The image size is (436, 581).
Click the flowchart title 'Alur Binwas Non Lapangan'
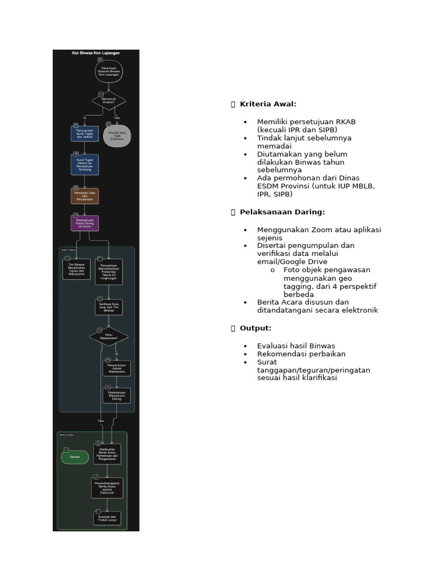(x=95, y=53)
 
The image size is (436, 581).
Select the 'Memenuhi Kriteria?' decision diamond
(x=108, y=100)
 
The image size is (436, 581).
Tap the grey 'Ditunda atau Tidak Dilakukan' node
(x=117, y=136)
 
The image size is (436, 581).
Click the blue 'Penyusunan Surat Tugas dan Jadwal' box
(x=84, y=134)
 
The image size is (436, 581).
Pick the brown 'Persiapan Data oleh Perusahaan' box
(x=85, y=196)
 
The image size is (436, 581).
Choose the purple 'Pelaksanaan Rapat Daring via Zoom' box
(x=85, y=222)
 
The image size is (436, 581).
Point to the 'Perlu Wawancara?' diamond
(x=108, y=336)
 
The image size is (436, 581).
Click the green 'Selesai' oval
(x=75, y=456)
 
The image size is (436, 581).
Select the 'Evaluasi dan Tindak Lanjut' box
(x=107, y=518)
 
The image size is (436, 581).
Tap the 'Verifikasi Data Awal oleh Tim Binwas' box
(x=108, y=307)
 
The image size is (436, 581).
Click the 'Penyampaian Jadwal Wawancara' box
(x=116, y=368)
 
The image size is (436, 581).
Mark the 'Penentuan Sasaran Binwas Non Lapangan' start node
(x=108, y=71)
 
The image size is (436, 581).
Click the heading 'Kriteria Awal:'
(x=268, y=104)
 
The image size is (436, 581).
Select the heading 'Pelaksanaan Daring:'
(x=282, y=212)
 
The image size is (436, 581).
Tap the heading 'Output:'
(x=255, y=328)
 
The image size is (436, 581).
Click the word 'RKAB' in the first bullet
(x=345, y=122)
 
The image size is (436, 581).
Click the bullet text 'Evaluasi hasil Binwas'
(x=296, y=346)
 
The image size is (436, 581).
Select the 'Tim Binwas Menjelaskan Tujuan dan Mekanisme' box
(x=76, y=268)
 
